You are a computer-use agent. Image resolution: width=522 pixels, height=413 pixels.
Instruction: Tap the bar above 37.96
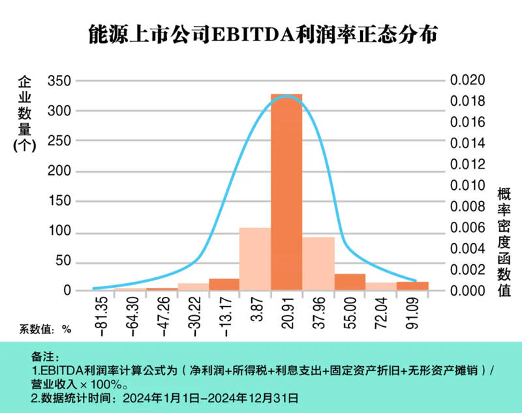(x=318, y=264)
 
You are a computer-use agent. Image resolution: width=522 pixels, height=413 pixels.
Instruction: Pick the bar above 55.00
(x=350, y=282)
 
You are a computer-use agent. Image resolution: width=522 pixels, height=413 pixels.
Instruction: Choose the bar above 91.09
(x=413, y=286)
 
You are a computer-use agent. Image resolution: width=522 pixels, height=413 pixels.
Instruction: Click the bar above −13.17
(x=224, y=284)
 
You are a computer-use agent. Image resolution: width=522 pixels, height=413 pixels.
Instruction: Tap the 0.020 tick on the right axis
(x=468, y=80)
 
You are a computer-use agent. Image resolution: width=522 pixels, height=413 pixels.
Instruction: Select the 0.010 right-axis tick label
(x=468, y=185)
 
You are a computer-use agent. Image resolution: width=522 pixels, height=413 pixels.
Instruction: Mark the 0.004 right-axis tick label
(x=468, y=249)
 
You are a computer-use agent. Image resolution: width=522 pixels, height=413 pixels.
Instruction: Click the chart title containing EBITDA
(x=262, y=35)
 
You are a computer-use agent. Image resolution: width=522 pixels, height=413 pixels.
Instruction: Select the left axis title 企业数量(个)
(x=23, y=114)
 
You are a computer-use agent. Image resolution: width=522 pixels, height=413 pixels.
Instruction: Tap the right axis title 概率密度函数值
(x=504, y=241)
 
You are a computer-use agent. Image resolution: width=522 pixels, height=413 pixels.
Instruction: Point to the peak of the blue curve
(x=286, y=96)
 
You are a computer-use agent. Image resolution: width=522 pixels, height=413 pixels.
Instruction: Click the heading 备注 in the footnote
(x=44, y=358)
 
